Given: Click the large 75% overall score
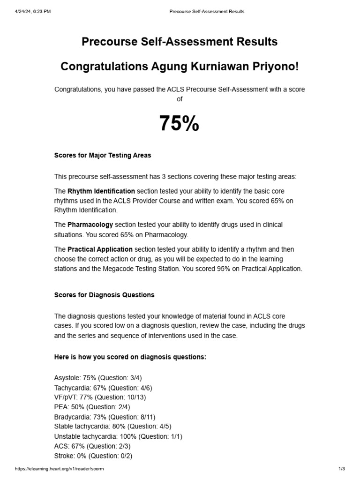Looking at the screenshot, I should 179,124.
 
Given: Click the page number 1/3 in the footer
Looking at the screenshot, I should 341,469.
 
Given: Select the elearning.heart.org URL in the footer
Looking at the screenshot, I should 59,469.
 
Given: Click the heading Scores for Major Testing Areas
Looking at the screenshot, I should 103,155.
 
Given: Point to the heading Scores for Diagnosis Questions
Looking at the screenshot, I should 104,295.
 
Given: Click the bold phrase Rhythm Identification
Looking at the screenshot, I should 101,191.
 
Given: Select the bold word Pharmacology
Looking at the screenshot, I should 90,225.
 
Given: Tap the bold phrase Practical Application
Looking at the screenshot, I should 100,249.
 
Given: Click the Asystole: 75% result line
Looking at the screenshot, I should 98,378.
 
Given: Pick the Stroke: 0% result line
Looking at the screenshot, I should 93,456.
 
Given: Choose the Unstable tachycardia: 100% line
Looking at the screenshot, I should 118,436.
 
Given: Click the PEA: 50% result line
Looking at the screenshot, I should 92,407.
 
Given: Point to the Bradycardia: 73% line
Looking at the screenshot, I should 105,417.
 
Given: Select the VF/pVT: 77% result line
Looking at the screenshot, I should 100,397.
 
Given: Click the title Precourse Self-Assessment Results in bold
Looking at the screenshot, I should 180,42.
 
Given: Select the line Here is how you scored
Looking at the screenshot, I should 130,357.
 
